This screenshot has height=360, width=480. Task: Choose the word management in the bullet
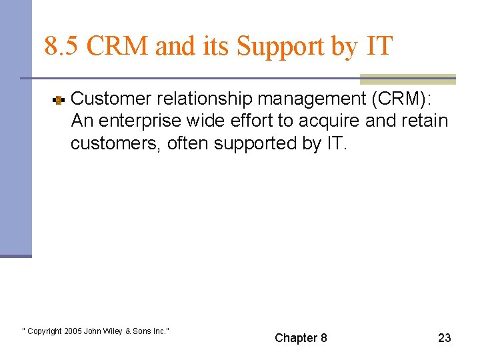(311, 99)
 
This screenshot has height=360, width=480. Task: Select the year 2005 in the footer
(74, 331)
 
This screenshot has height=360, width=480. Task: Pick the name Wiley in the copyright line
(113, 331)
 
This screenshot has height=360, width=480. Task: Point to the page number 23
(444, 338)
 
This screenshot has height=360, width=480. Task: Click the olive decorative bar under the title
(407, 79)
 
